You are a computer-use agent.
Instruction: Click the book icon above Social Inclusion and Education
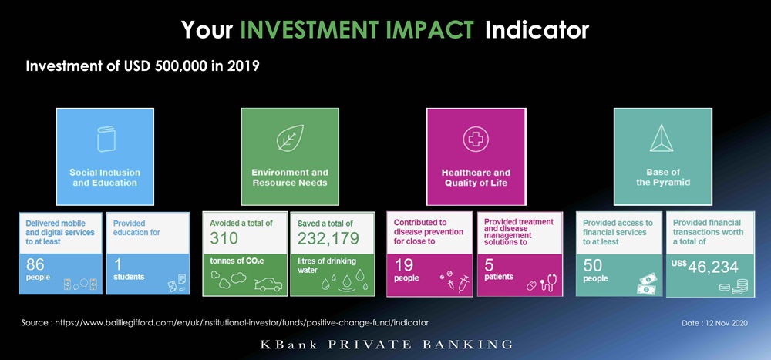[106, 140]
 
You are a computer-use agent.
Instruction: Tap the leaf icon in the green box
[290, 138]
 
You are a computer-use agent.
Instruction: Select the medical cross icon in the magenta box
[476, 139]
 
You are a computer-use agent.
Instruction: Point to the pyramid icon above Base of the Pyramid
[662, 138]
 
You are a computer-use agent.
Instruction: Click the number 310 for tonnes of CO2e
[224, 238]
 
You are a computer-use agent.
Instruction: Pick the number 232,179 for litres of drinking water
[328, 238]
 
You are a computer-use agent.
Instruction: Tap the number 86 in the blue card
[35, 265]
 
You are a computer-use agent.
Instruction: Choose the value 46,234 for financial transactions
[713, 267]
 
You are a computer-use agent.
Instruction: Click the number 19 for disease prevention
[403, 266]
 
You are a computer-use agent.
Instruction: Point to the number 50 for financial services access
[592, 266]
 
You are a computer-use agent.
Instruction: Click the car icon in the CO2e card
[268, 284]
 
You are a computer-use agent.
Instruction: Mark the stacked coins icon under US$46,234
[733, 287]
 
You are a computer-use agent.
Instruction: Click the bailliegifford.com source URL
[242, 323]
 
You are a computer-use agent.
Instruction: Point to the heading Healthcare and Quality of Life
[476, 178]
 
